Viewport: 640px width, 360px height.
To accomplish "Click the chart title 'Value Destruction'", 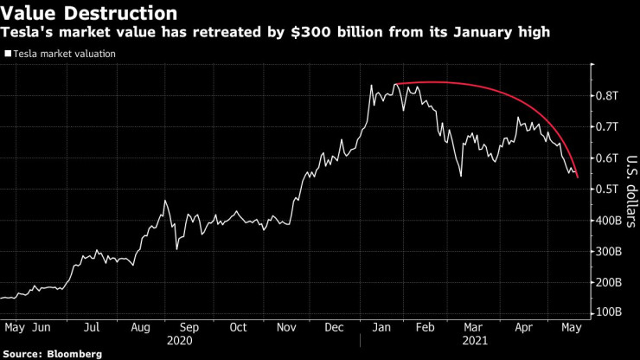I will click(90, 14).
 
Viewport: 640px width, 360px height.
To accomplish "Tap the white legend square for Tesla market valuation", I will click(8, 54).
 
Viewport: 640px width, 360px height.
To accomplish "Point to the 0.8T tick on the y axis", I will click(609, 95).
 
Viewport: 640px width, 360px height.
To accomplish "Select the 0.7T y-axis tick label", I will click(609, 126).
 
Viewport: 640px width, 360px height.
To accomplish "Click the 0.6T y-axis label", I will click(609, 157).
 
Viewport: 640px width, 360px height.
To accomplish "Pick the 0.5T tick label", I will click(609, 189).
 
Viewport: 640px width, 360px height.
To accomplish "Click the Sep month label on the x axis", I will click(189, 328).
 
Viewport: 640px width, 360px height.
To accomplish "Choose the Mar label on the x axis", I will click(473, 328).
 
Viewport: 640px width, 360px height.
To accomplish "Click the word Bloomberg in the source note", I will click(74, 354).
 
